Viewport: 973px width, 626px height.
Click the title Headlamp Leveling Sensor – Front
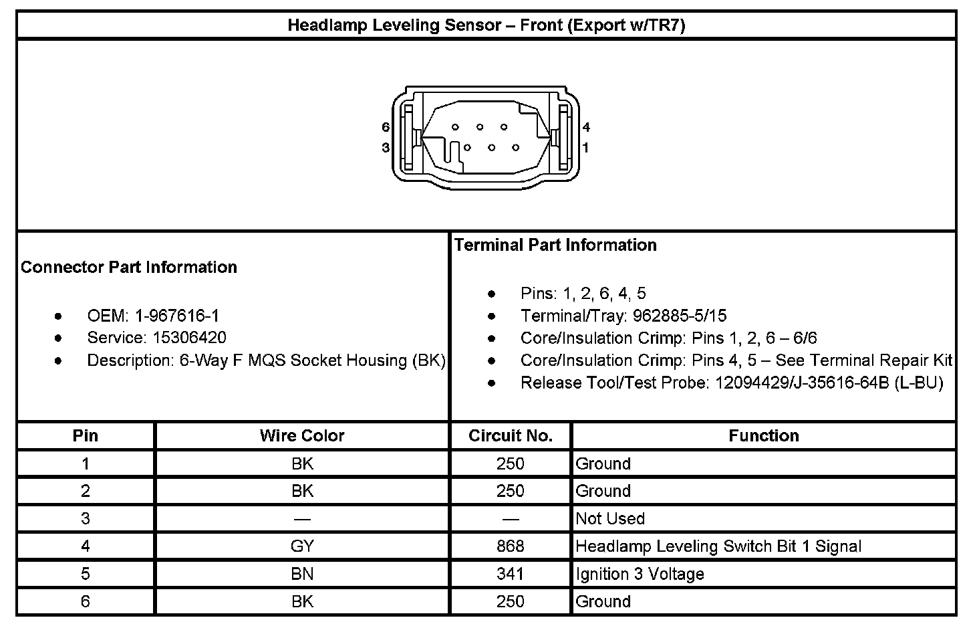click(486, 25)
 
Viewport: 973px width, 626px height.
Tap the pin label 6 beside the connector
click(386, 127)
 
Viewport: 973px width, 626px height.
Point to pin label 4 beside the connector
click(586, 127)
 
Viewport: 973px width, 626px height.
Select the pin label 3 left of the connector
click(386, 147)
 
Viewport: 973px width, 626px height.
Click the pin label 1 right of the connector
click(586, 147)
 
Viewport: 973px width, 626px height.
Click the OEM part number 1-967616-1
click(177, 316)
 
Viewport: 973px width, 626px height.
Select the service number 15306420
click(189, 338)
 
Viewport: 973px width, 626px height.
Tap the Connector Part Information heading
click(129, 267)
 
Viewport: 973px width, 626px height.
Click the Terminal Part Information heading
click(555, 245)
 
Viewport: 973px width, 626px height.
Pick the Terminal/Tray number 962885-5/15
click(680, 316)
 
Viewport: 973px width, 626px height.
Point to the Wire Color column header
click(302, 436)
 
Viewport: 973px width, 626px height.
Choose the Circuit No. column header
click(511, 436)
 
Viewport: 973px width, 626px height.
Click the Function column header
click(764, 436)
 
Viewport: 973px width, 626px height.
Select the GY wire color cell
click(302, 546)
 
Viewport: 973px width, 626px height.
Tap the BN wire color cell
click(302, 574)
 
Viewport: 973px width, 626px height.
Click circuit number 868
click(511, 546)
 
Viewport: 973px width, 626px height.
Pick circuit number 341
click(511, 574)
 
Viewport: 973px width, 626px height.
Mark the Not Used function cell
click(610, 518)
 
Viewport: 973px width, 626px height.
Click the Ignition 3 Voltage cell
click(640, 574)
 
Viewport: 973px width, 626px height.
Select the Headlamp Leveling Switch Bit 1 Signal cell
click(718, 546)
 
